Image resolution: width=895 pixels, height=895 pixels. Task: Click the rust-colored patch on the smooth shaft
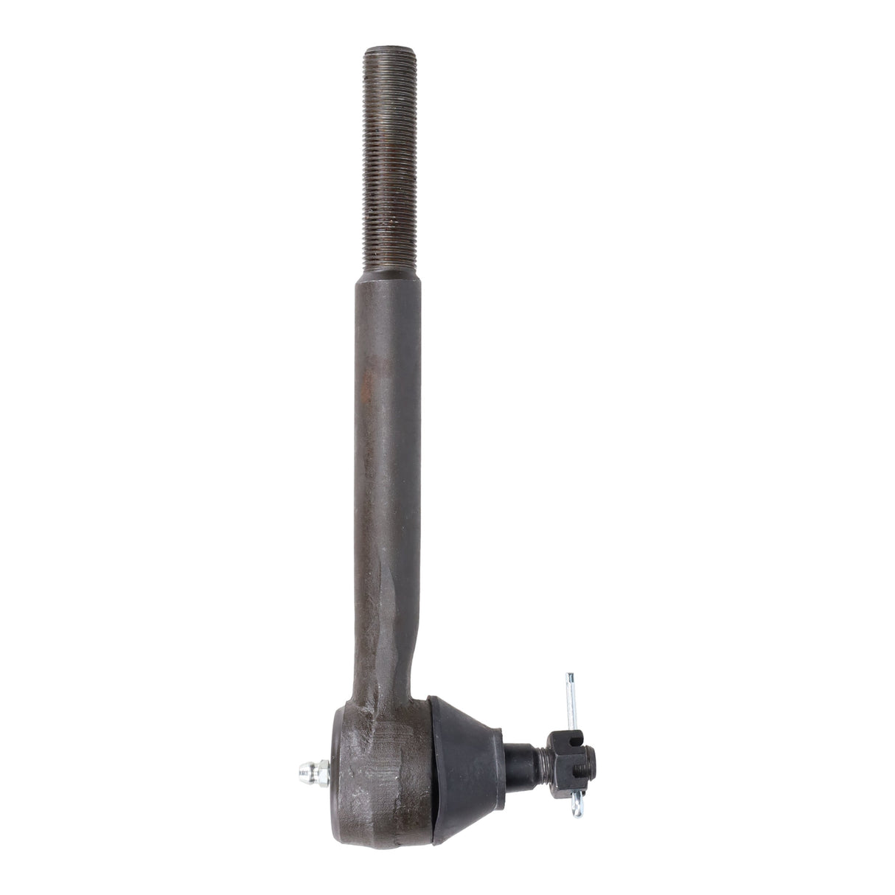point(383,413)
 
